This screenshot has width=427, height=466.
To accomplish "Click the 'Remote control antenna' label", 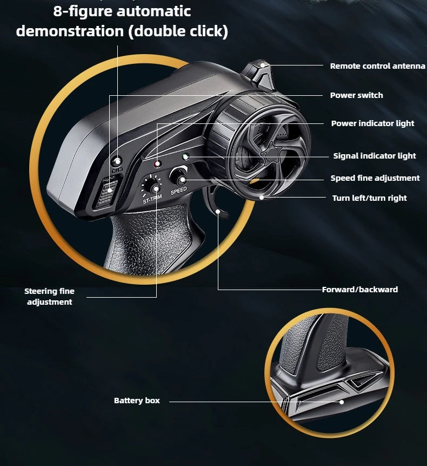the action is [377, 66].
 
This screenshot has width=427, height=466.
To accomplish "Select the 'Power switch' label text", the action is [356, 95].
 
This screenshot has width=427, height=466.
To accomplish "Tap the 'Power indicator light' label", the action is [373, 123].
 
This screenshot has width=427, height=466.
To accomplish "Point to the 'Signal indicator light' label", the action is [375, 156].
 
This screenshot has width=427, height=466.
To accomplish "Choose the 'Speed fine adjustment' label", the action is [375, 178].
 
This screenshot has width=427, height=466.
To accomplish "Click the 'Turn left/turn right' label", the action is [369, 198].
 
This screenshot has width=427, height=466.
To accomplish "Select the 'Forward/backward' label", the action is [360, 290].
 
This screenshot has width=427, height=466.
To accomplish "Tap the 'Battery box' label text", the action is [137, 401].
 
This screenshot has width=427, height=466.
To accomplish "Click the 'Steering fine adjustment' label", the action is [50, 297].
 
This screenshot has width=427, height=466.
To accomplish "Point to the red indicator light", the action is [157, 164].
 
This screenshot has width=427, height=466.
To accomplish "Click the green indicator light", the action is [185, 156].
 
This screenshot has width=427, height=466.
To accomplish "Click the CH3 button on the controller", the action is [117, 161].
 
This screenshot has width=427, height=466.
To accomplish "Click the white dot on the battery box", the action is [342, 402].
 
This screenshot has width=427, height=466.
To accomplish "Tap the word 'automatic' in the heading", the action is [154, 11].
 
